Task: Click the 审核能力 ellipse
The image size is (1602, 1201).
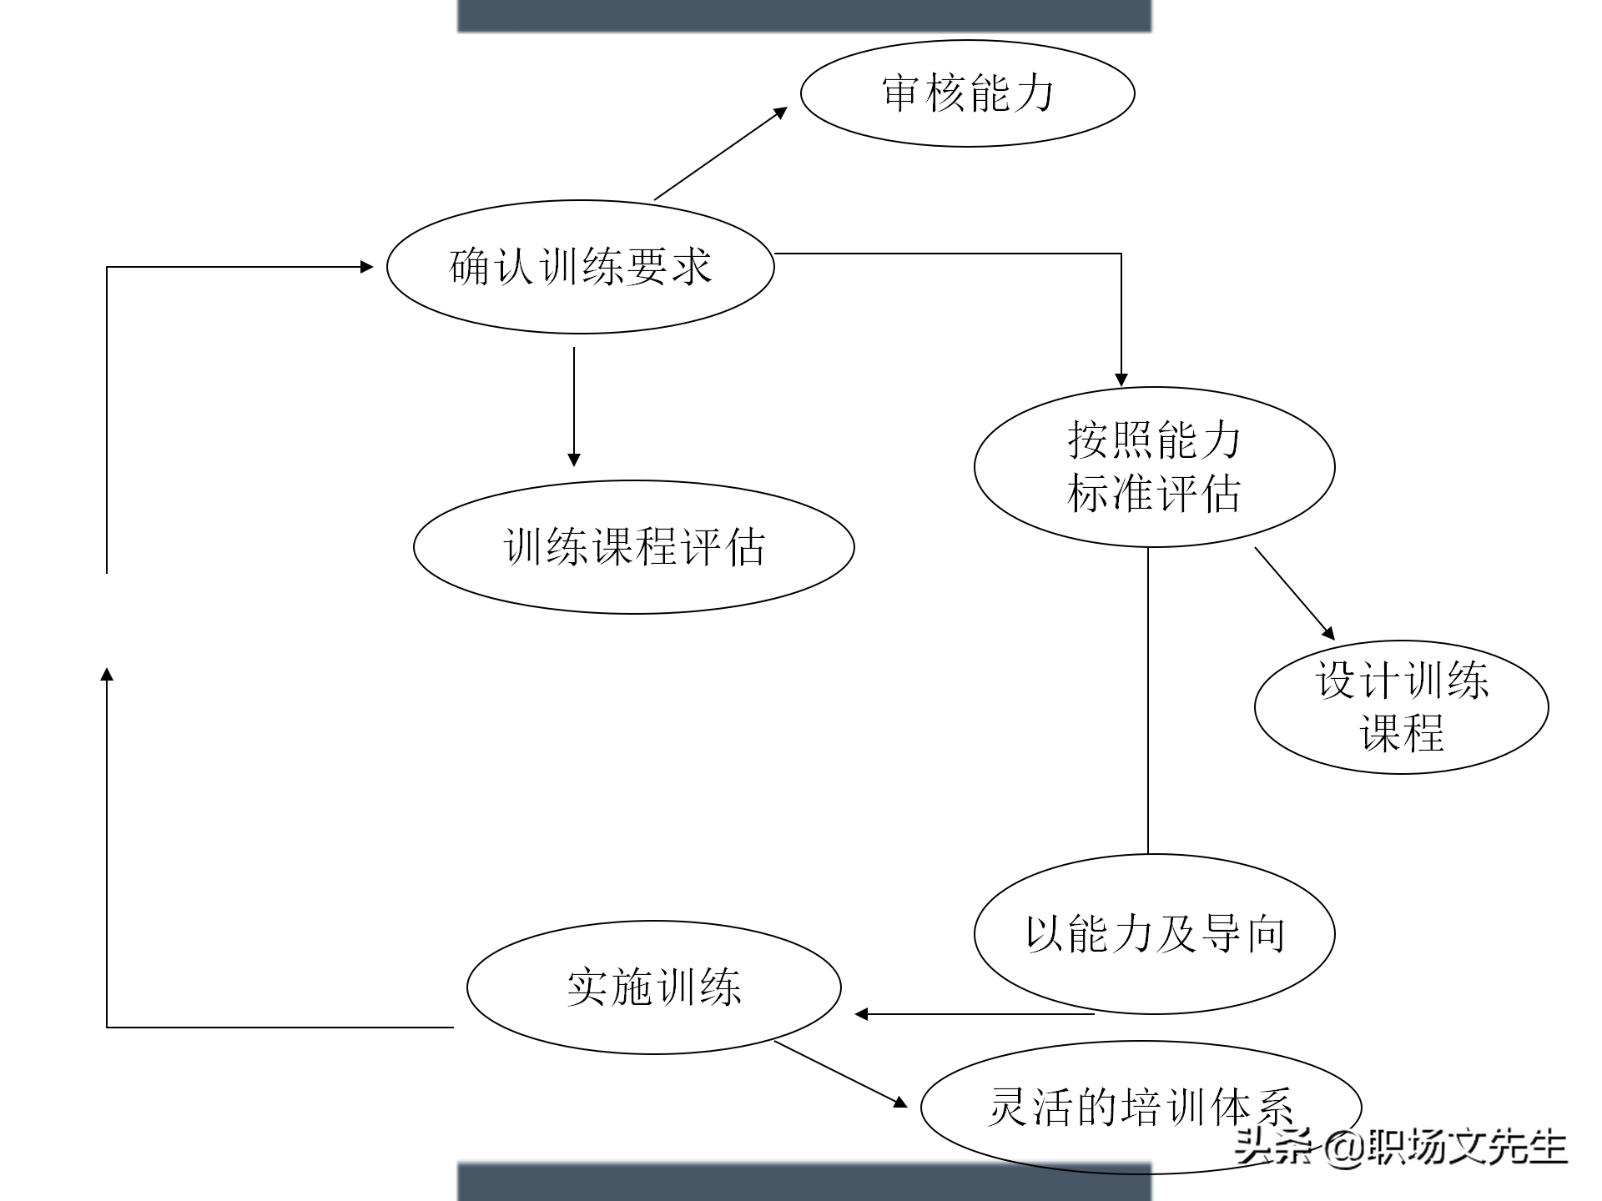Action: tap(967, 93)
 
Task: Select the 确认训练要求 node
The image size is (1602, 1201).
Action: tap(580, 267)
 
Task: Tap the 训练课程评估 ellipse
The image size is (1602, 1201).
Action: tap(633, 547)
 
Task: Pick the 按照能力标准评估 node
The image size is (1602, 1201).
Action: tap(1154, 467)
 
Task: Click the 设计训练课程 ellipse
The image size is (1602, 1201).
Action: tap(1401, 706)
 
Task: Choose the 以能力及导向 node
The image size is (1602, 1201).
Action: tap(1154, 933)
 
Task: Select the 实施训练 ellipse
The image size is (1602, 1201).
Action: tap(653, 987)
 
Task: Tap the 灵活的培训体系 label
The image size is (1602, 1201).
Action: tap(1140, 1107)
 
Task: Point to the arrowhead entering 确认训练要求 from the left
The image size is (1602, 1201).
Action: tap(366, 267)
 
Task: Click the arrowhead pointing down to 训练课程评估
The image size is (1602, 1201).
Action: tap(573, 460)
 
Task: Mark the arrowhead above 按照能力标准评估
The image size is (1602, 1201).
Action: tap(1121, 379)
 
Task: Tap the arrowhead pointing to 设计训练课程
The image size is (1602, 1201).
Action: tap(1328, 633)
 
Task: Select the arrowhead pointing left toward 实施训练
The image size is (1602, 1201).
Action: tap(862, 1014)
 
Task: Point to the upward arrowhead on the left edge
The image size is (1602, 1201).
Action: tap(107, 674)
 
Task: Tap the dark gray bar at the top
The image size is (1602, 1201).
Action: tap(804, 15)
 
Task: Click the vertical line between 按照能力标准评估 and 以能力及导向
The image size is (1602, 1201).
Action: tap(1148, 701)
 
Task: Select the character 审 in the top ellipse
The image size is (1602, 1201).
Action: tap(901, 93)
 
